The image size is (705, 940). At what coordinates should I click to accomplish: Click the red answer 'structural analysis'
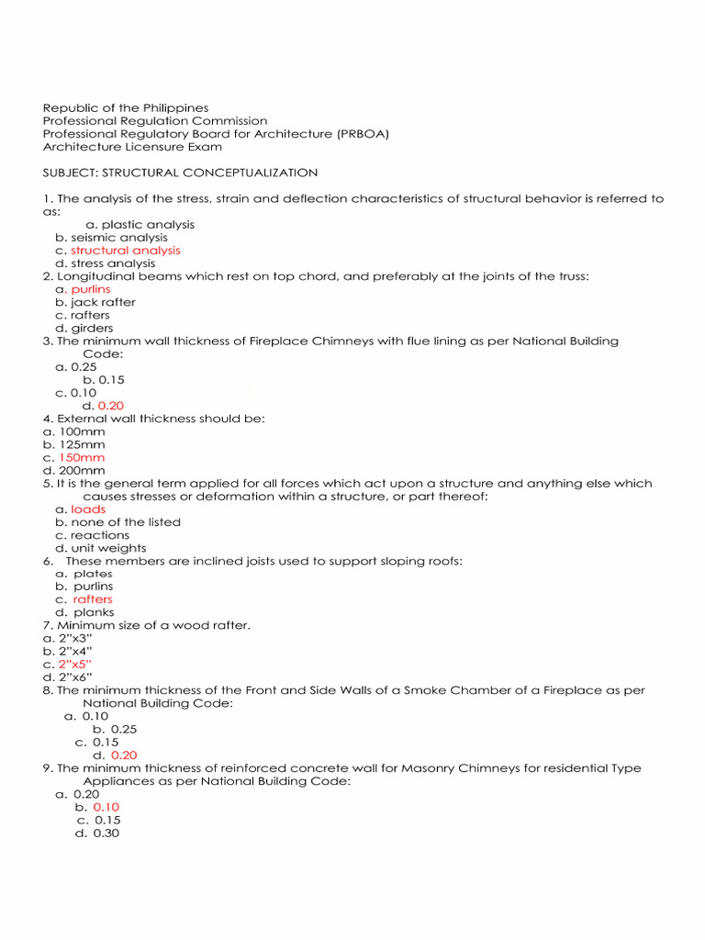coord(126,251)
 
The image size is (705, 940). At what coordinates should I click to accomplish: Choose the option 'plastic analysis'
coord(148,225)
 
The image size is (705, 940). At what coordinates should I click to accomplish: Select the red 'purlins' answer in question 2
coord(91,289)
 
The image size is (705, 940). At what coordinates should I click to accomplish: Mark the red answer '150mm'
coord(82,457)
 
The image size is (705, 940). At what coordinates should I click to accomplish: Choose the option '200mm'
coord(82,470)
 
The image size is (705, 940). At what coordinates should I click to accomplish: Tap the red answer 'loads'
coord(88,509)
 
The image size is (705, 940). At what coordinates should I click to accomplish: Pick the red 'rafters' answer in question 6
coord(93,599)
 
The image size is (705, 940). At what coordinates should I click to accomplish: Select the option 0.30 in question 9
coord(107,834)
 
